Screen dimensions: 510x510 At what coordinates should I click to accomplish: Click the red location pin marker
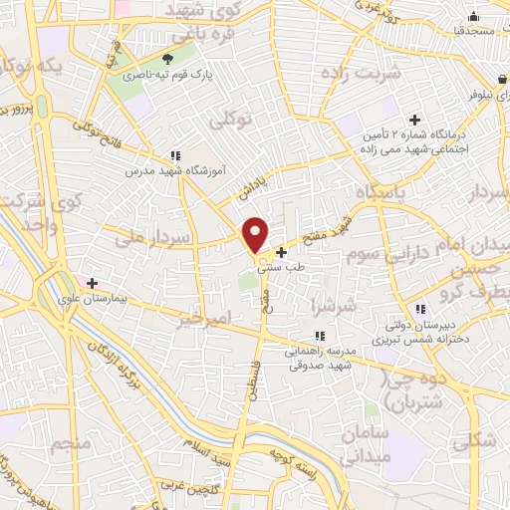click(x=256, y=234)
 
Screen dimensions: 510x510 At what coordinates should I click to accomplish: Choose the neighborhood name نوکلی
click(x=231, y=121)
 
